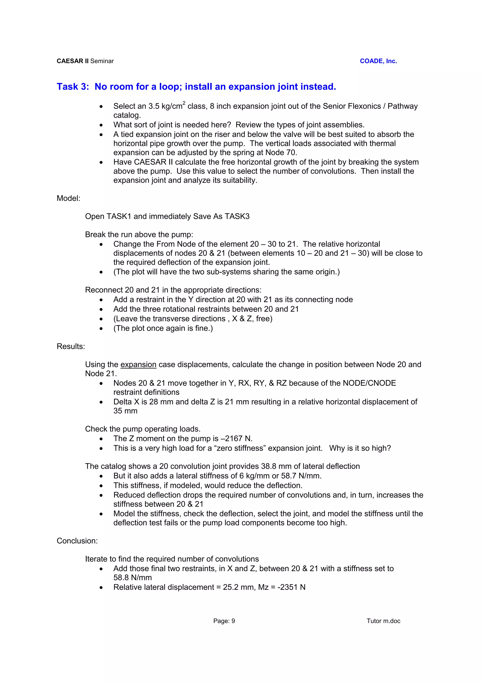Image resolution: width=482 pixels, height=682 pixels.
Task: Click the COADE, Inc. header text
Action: point(378,61)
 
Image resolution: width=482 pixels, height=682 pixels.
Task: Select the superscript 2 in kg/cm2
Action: point(184,103)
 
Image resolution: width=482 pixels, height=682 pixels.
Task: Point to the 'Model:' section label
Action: point(68,198)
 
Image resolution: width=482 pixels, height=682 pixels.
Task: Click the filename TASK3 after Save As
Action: point(237,216)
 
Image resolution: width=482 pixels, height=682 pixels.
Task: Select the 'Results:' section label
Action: point(71,346)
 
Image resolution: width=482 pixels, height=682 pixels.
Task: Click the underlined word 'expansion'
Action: point(138,365)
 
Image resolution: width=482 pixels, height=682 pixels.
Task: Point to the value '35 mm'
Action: point(125,411)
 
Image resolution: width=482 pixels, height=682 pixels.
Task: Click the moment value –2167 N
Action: point(236,438)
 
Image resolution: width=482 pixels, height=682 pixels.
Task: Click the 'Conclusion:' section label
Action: point(77,541)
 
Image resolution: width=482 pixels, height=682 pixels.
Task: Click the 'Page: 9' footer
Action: point(224,621)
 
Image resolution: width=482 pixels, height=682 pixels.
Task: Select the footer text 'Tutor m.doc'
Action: point(383,621)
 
